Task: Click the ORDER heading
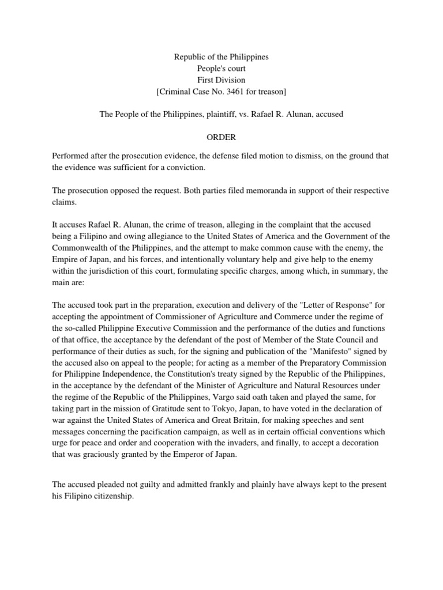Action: tap(221, 138)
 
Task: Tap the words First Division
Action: tap(221, 80)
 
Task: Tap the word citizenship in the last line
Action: tap(114, 496)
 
